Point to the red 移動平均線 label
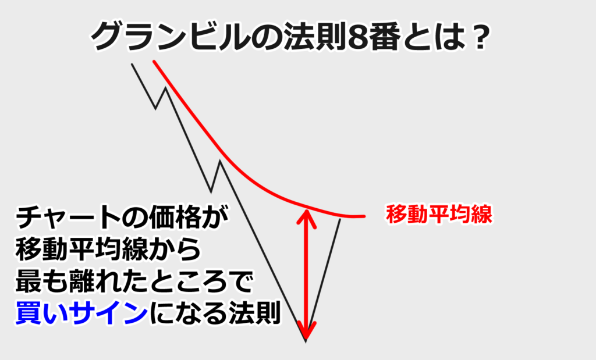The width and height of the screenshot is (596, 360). point(439,214)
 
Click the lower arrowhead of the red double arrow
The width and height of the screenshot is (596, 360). point(306,329)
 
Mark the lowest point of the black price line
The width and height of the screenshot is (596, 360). point(306,341)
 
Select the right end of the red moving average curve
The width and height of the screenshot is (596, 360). point(364,216)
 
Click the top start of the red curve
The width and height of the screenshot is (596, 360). point(154,61)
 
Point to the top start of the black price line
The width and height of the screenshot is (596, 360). point(132,64)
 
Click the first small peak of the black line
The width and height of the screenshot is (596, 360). point(165,88)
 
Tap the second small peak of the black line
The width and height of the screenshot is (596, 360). point(219,162)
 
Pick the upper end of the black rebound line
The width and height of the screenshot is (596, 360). point(340,219)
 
